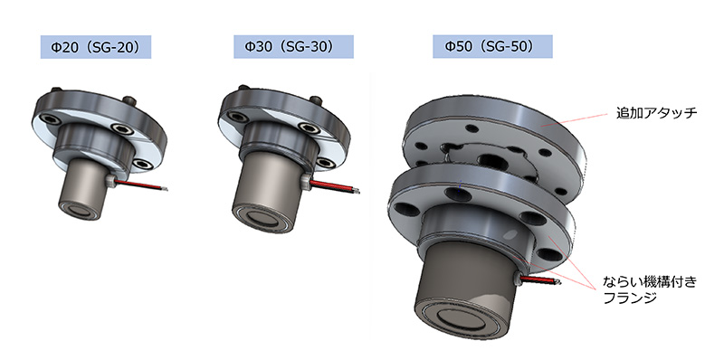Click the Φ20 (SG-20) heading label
coord(96,47)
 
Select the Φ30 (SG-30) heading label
coord(293,47)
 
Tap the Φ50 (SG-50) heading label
coord(492,47)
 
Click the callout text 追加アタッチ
coord(656,113)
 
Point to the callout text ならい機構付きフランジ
coord(650,289)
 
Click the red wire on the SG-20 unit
coord(139,185)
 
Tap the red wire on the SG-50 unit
coord(538,279)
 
